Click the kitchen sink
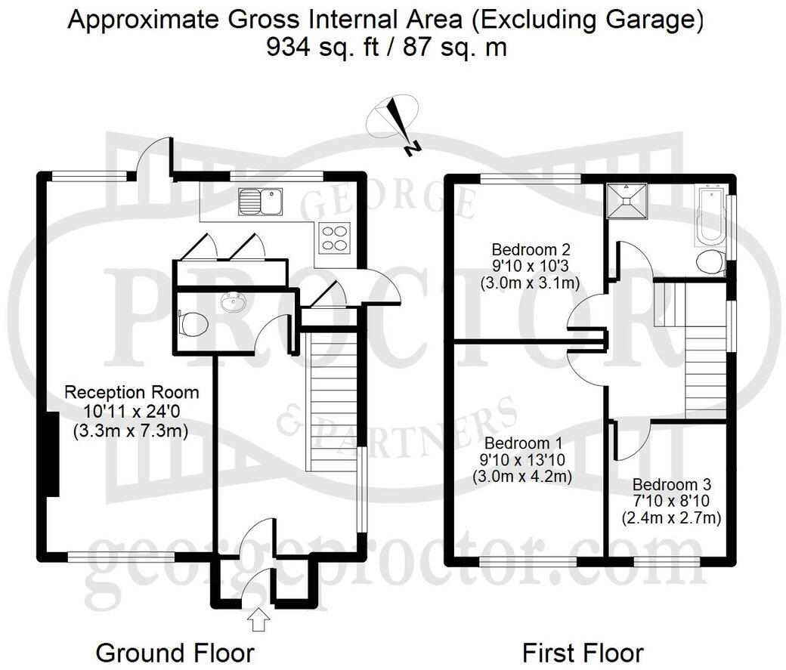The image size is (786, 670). [259, 200]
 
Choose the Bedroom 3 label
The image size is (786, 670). [670, 484]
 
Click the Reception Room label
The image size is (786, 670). [132, 393]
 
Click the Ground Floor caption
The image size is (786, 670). [175, 652]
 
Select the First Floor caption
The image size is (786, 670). [583, 652]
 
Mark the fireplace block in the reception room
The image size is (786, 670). [54, 454]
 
